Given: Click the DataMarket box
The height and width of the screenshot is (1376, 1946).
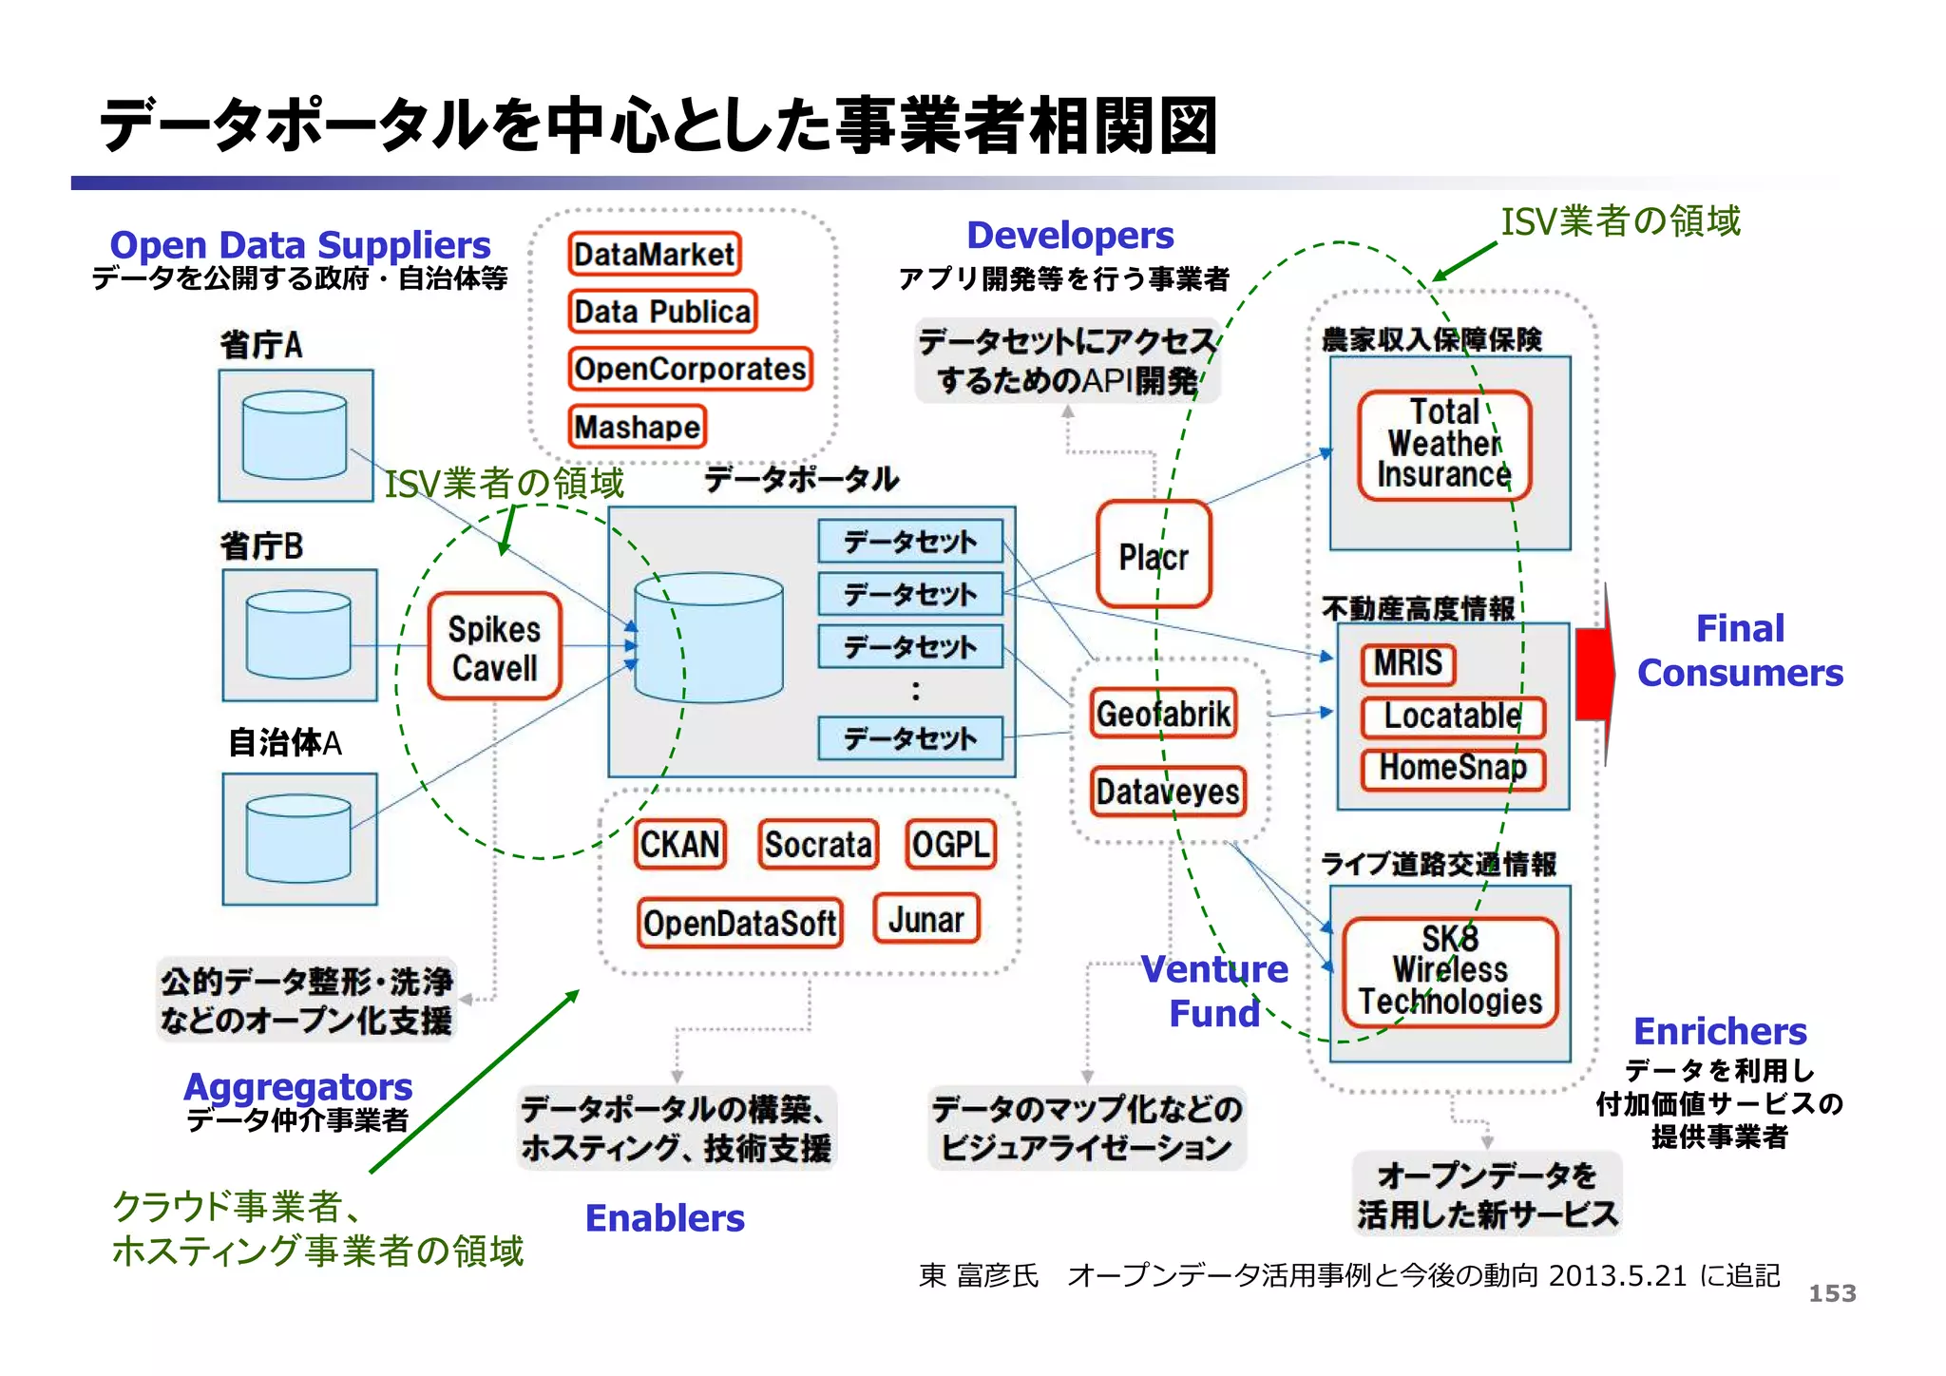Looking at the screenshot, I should tap(654, 255).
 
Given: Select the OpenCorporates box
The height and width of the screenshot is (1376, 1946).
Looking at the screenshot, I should tap(690, 369).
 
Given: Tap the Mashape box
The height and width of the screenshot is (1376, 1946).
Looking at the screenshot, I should tap(638, 427).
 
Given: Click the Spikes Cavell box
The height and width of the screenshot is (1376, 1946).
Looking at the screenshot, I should tap(494, 648).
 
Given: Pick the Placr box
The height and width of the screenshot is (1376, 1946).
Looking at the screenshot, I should tap(1154, 555).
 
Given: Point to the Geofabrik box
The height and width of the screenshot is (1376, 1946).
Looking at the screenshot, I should tap(1164, 714).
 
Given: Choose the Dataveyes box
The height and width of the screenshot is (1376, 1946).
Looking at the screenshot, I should tap(1168, 792).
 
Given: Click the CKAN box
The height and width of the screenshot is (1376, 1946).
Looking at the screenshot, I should tap(679, 845).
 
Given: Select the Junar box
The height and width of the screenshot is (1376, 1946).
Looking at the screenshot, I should tap(926, 919).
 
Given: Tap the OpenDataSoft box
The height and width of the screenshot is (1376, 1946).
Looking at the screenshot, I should tap(739, 923).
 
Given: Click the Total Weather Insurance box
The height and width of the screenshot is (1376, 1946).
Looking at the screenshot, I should tap(1443, 445).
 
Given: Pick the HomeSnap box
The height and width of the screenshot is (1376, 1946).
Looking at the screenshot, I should tap(1452, 769).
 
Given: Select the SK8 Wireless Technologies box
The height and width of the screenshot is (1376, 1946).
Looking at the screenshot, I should tap(1450, 971).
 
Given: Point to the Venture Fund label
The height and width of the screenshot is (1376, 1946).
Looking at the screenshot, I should tap(1214, 991).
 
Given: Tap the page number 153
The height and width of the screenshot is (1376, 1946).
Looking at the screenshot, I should tap(1831, 1293).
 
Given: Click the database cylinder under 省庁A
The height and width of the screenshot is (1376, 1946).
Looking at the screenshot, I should tap(295, 435).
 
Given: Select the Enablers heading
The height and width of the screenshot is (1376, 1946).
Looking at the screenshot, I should tap(664, 1218).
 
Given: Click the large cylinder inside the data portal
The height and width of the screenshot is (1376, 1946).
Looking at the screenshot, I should tap(709, 637).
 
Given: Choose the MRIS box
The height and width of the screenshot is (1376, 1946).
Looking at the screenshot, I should tap(1407, 663).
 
